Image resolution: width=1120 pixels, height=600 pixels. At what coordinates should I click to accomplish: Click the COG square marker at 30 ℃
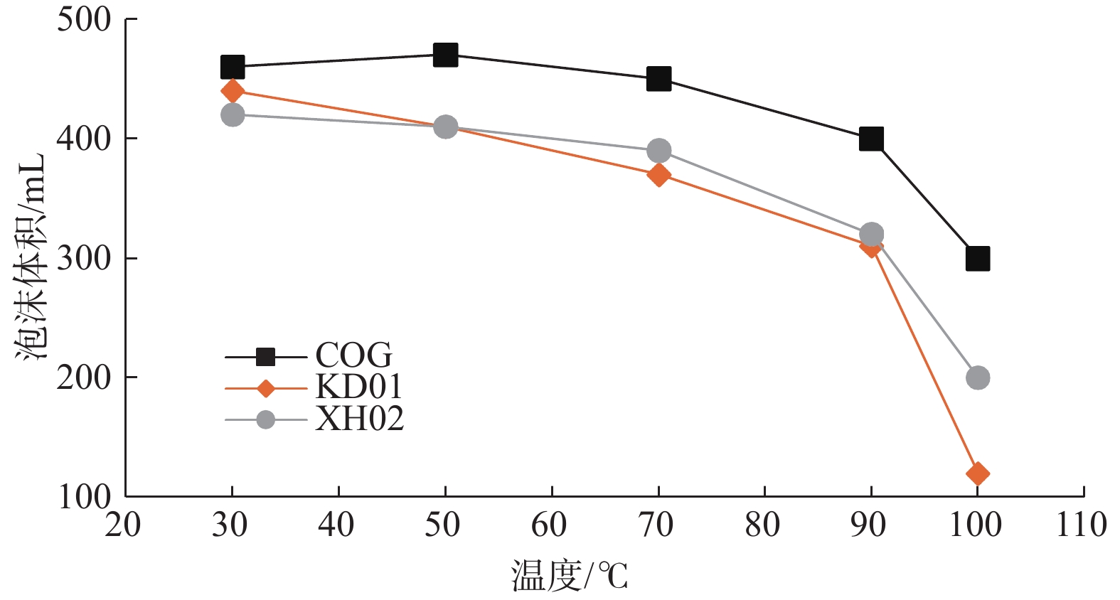pyautogui.click(x=233, y=68)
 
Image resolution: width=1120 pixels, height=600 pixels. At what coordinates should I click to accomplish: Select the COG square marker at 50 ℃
pyautogui.click(x=445, y=55)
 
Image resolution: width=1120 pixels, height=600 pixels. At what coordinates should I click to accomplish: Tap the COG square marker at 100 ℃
pyautogui.click(x=978, y=259)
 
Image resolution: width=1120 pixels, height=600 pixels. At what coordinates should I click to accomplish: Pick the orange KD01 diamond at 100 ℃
pyautogui.click(x=978, y=473)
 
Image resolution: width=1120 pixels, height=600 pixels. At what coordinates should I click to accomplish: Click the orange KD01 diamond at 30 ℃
pyautogui.click(x=233, y=91)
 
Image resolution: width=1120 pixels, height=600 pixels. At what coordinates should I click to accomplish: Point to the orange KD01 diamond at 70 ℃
pyautogui.click(x=658, y=174)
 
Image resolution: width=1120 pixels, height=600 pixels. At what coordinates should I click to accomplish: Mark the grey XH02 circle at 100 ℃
pyautogui.click(x=978, y=377)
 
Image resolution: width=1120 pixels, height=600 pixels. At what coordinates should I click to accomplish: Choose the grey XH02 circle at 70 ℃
pyautogui.click(x=658, y=151)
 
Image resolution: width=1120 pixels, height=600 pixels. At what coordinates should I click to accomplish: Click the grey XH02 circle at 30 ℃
pyautogui.click(x=233, y=114)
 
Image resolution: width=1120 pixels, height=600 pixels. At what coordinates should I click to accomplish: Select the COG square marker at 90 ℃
pyautogui.click(x=871, y=139)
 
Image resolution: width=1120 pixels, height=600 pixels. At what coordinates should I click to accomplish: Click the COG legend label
pyautogui.click(x=353, y=355)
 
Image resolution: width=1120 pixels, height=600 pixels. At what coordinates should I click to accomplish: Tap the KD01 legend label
pyautogui.click(x=359, y=387)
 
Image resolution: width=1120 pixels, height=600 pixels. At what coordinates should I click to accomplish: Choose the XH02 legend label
pyautogui.click(x=360, y=419)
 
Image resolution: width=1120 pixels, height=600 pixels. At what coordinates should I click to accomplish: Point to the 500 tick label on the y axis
pyautogui.click(x=85, y=20)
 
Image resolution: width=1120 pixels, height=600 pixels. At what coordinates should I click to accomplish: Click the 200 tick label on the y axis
pyautogui.click(x=85, y=377)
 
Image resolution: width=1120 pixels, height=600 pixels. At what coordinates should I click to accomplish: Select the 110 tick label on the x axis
pyautogui.click(x=1082, y=525)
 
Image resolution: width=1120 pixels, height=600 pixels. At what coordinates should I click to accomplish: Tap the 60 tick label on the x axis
pyautogui.click(x=550, y=525)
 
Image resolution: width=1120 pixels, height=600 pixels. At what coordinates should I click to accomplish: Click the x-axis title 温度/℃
pyautogui.click(x=570, y=575)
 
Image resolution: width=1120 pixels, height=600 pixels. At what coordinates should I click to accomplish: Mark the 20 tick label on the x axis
pyautogui.click(x=124, y=525)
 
